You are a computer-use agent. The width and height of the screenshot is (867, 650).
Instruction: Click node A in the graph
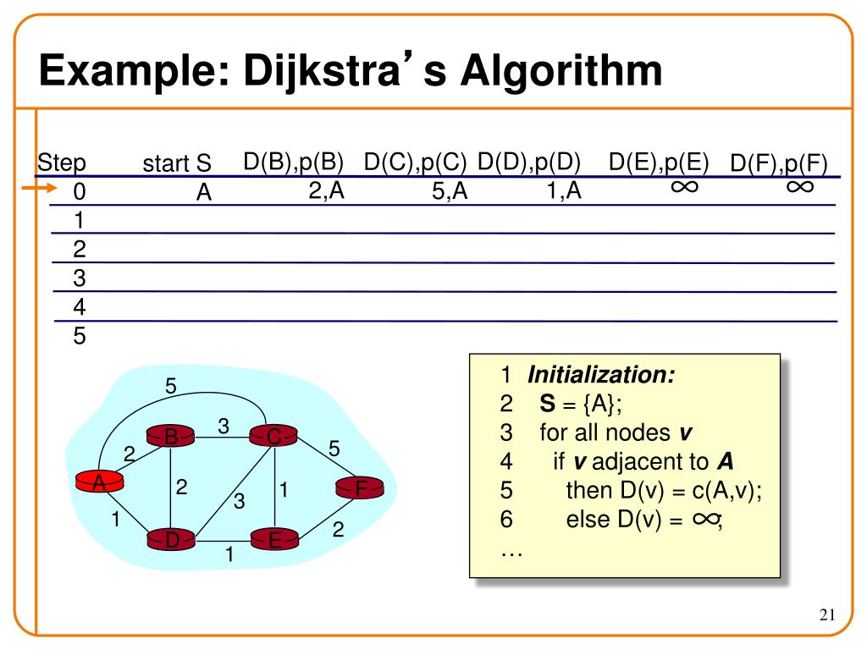[99, 482]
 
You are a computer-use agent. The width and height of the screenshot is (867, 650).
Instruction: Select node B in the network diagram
[171, 437]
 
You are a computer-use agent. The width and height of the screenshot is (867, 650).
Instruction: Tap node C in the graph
[274, 437]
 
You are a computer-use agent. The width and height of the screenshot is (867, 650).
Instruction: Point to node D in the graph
[172, 539]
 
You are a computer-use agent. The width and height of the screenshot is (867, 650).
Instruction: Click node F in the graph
[361, 488]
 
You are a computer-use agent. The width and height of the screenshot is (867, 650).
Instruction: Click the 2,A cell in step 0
[326, 192]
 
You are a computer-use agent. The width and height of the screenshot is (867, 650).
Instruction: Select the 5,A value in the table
[450, 192]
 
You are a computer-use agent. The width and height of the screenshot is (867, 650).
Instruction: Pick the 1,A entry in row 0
[564, 192]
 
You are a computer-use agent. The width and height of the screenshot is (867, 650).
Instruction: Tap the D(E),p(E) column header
[658, 162]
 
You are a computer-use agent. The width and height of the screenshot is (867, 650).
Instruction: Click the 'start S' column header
[176, 163]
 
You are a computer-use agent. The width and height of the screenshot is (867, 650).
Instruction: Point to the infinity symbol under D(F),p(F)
[799, 186]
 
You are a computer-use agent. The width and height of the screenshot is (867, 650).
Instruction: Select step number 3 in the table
[80, 278]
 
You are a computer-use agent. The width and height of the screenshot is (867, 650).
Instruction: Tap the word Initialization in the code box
[602, 375]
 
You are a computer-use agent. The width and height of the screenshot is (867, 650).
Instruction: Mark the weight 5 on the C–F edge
[334, 449]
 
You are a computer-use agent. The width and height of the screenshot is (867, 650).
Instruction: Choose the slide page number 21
[827, 614]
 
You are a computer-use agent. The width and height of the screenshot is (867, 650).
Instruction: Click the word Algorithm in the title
[561, 71]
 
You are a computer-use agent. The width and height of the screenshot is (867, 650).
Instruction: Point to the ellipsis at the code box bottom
[511, 551]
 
